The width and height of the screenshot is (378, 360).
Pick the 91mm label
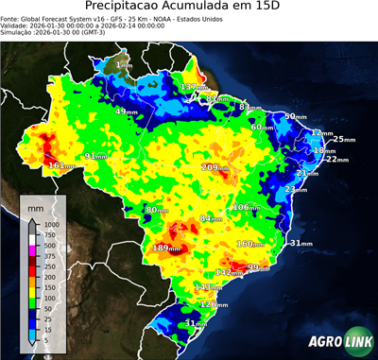coord(96,156)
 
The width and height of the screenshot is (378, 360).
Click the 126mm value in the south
coord(214,304)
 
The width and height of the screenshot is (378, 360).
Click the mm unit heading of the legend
coord(35,204)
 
